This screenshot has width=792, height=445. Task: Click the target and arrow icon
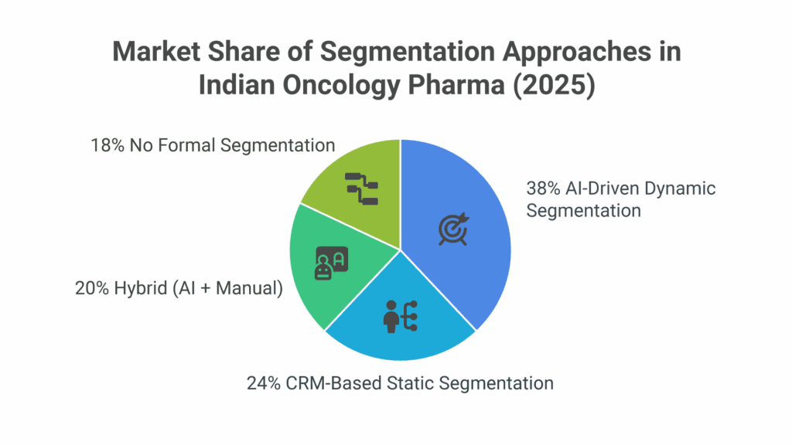[453, 229]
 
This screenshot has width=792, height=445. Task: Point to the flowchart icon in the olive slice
[362, 189]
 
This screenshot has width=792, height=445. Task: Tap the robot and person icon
[331, 263]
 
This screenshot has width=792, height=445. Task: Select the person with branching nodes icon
[401, 316]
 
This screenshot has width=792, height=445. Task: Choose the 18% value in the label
[107, 145]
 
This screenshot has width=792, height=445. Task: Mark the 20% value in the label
[92, 288]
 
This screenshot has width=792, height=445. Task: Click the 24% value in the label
[264, 383]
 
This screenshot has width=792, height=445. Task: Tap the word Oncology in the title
[341, 85]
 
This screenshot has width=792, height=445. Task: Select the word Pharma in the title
[456, 84]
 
